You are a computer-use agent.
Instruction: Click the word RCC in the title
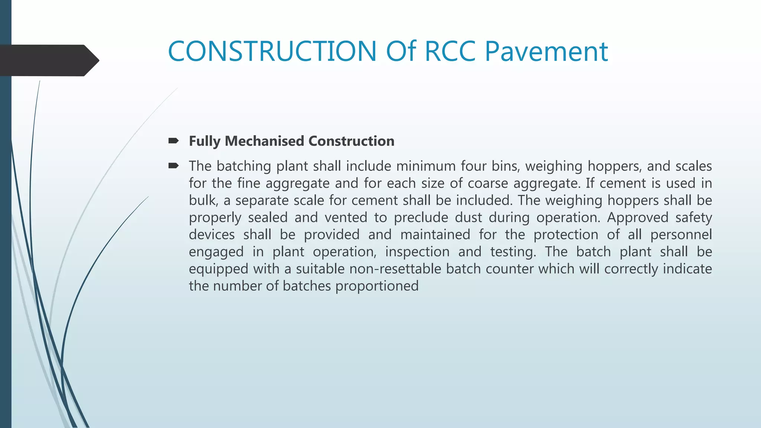[x=450, y=51]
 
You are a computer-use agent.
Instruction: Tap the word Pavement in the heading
[x=546, y=51]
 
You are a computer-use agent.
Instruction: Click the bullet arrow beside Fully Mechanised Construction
[x=174, y=141]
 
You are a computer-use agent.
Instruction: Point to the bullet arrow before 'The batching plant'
[x=174, y=166]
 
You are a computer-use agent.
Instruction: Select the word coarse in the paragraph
[x=488, y=183]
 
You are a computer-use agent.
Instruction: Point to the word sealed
[x=268, y=217]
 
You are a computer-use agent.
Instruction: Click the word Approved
[x=638, y=217]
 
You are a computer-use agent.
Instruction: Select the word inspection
[x=417, y=252]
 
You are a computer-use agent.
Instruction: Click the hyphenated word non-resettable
[x=395, y=269]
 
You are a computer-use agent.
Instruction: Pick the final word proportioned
[x=377, y=286]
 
